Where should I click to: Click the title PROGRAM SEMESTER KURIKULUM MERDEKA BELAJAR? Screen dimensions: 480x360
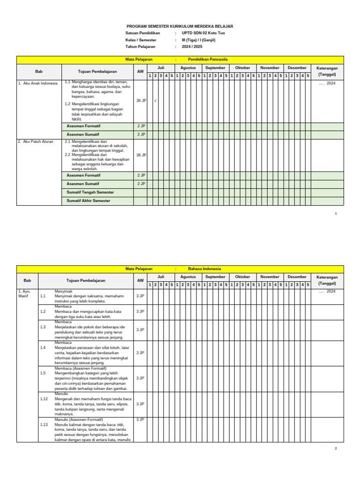click(x=180, y=27)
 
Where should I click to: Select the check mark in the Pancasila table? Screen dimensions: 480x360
click(x=155, y=101)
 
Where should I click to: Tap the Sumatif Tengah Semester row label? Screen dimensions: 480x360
click(x=90, y=192)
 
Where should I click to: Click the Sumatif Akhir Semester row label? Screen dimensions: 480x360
click(x=89, y=201)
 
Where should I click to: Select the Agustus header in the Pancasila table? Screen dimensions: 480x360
click(x=188, y=68)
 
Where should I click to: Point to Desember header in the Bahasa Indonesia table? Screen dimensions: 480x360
click(x=297, y=277)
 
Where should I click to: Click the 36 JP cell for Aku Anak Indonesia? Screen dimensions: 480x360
click(x=141, y=101)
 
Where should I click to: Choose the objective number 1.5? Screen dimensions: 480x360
click(x=43, y=373)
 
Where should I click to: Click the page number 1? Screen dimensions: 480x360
click(x=336, y=214)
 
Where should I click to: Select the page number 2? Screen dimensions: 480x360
click(x=336, y=449)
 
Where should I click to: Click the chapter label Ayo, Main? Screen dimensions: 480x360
click(x=24, y=294)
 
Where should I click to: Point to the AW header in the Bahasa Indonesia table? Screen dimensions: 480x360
click(x=141, y=280)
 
